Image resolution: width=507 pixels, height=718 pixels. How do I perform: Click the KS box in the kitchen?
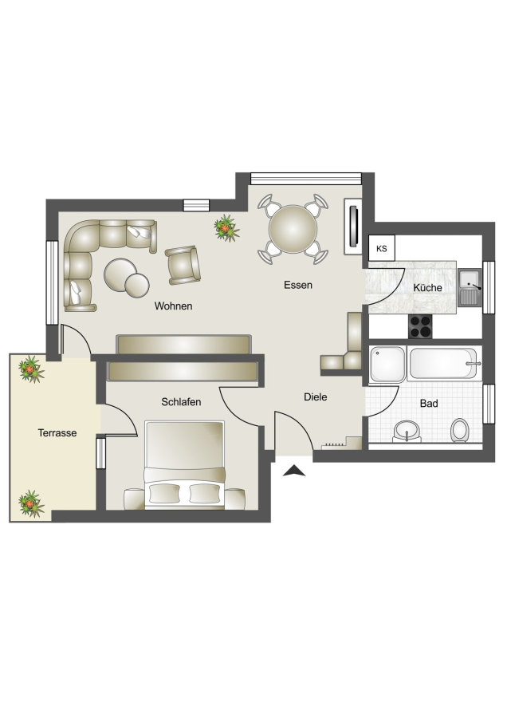(382, 248)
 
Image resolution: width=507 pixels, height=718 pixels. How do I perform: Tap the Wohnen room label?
(173, 306)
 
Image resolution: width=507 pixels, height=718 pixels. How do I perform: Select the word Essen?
(298, 285)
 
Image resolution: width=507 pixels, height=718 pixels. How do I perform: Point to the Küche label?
(427, 287)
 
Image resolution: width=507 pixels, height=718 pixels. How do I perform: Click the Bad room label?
(429, 404)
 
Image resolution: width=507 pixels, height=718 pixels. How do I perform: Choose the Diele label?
(315, 397)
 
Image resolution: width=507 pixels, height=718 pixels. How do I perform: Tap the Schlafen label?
(181, 402)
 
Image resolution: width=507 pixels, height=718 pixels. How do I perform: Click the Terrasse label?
(57, 432)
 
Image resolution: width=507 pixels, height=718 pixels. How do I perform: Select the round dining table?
(293, 229)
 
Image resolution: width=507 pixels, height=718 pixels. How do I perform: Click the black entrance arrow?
(294, 471)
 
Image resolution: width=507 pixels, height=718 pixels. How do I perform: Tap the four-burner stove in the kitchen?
(420, 326)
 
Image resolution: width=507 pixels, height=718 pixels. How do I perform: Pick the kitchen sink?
(470, 287)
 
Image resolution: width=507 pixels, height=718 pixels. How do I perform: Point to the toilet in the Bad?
(459, 431)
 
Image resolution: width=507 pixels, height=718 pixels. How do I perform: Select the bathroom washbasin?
(407, 432)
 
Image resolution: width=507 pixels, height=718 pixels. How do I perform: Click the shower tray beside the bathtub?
(387, 364)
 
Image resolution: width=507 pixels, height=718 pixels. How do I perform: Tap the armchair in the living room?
(183, 265)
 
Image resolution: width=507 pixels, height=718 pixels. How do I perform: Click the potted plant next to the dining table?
(226, 228)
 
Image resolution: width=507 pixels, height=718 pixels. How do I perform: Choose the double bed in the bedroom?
(184, 465)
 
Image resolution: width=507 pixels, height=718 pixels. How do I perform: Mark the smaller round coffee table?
(137, 285)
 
